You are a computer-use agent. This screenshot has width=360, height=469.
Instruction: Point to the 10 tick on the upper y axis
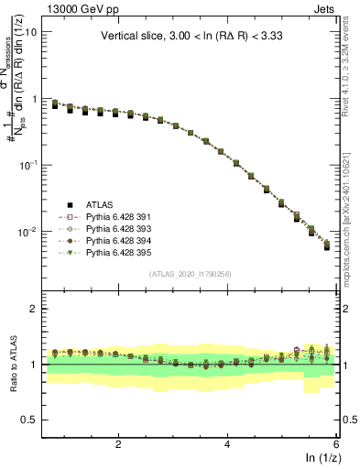30,31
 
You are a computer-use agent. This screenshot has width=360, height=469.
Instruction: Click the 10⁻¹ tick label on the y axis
27,165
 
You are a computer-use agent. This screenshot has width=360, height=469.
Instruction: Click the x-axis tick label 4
227,443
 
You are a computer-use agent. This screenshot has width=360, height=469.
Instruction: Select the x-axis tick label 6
336,443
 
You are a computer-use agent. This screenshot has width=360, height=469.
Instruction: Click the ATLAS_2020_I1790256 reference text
191,274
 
